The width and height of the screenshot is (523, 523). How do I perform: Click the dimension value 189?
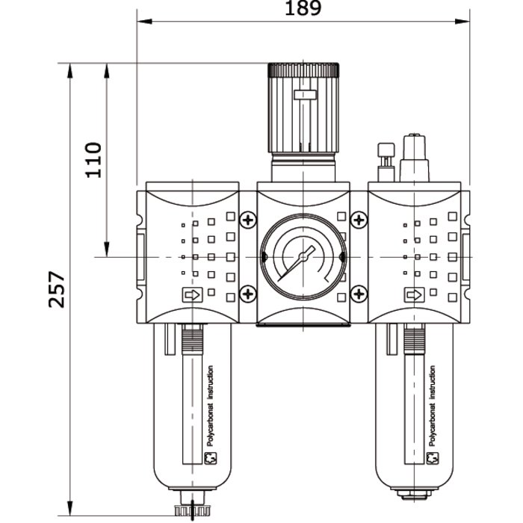pos(303,9)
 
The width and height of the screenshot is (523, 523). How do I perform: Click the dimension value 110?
pos(93,158)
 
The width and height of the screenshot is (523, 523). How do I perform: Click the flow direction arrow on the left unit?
pos(191,295)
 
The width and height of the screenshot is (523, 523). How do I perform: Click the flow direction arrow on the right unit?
pos(412,295)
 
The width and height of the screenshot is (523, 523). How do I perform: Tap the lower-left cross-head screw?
pos(247,294)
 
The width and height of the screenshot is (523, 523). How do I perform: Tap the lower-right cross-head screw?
pos(359,294)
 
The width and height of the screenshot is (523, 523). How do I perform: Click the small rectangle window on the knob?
pos(304,96)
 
